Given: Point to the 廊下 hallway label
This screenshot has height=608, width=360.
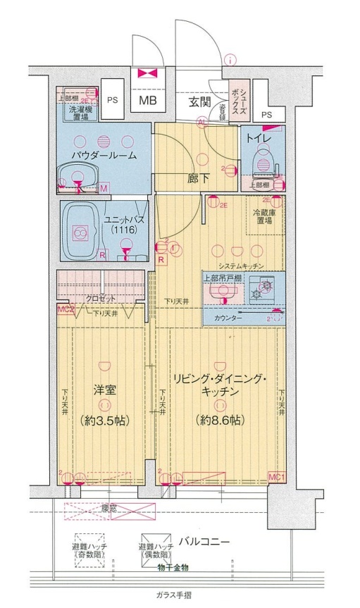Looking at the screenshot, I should coord(197,178).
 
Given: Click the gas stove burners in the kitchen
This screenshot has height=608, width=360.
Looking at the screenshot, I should coord(265,288).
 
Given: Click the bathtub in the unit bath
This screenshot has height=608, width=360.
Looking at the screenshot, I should coord(81,232).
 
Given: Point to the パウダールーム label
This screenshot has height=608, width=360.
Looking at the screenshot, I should coord(104,155).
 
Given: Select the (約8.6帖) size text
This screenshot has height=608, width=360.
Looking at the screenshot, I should coord(221,420).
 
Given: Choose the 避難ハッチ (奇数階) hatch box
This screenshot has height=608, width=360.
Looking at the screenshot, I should coord(90,545).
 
